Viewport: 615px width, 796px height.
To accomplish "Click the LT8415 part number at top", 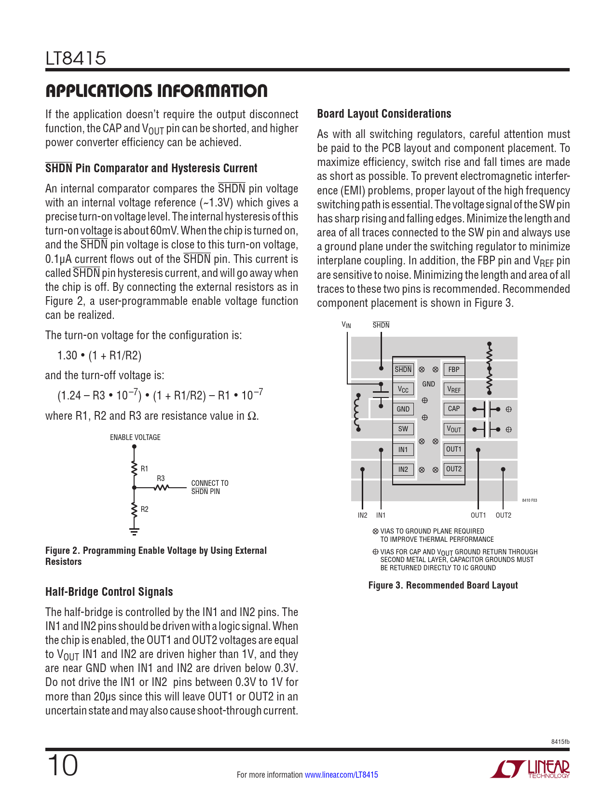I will point(76,58).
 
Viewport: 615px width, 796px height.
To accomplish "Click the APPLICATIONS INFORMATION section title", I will point(156,91).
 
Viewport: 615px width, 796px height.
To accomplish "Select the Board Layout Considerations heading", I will point(384,114).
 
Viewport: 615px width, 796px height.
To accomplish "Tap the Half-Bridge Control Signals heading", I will point(109,592).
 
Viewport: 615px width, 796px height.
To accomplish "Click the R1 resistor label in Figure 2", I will point(144,468).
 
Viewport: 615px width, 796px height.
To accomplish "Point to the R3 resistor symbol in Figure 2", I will point(161,488).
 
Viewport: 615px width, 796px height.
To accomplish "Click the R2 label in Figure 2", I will point(144,509).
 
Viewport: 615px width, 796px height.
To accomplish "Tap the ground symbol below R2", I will point(134,531).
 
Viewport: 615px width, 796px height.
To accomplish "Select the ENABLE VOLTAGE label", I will point(135,438).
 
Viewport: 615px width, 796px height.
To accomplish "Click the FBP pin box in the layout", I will point(453,370).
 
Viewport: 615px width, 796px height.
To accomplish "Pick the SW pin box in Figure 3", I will point(403,429).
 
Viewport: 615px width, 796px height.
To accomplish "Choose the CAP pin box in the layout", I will point(453,409).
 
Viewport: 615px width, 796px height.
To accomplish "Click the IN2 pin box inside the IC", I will point(403,469).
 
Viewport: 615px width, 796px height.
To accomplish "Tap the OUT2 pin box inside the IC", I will point(453,469).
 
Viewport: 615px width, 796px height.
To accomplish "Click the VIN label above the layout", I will point(346,325).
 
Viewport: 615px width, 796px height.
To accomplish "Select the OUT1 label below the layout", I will point(478,515).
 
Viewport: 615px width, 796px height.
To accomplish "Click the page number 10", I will point(62,766).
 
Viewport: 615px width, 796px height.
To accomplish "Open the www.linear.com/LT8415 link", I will point(342,775).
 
